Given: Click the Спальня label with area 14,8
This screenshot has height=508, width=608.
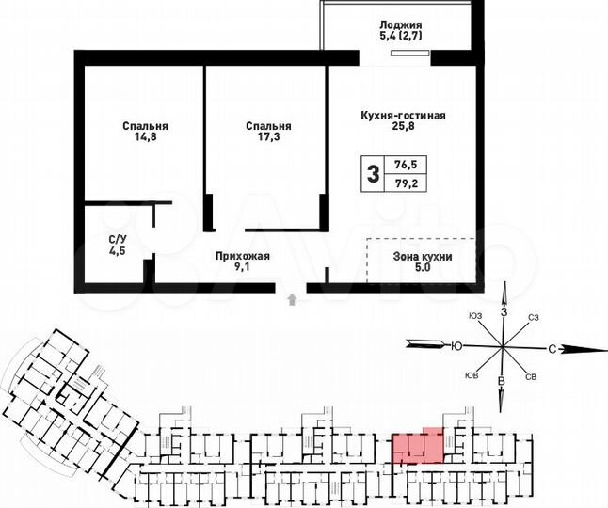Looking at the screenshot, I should pyautogui.click(x=145, y=125).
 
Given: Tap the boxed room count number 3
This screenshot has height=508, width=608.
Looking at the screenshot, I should pyautogui.click(x=373, y=173).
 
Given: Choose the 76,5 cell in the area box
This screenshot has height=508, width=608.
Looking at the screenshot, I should pyautogui.click(x=407, y=164).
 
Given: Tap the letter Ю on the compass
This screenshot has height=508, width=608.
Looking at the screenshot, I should pyautogui.click(x=456, y=346).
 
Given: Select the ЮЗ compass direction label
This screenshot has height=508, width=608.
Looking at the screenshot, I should pyautogui.click(x=474, y=315).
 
